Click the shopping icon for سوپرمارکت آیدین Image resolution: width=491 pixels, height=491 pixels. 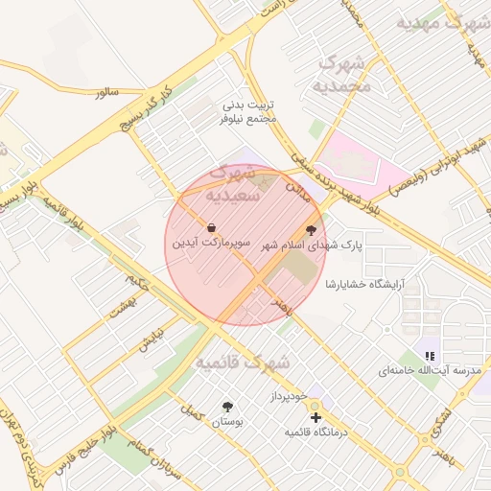coord(210,227)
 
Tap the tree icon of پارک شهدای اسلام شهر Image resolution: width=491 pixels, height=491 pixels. coord(311,229)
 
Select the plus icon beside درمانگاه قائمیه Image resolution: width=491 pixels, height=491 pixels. coord(316,416)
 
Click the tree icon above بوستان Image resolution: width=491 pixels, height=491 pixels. coord(227,406)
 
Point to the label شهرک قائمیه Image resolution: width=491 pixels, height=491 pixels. coord(243,363)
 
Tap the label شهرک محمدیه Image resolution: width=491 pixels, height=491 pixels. coord(339,75)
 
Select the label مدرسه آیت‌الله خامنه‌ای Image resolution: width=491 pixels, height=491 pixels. coord(429,369)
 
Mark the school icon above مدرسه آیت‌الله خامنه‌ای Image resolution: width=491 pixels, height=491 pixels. coord(430,355)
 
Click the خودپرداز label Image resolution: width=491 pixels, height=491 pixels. coord(288,395)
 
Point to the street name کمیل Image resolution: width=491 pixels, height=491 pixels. coord(192,412)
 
